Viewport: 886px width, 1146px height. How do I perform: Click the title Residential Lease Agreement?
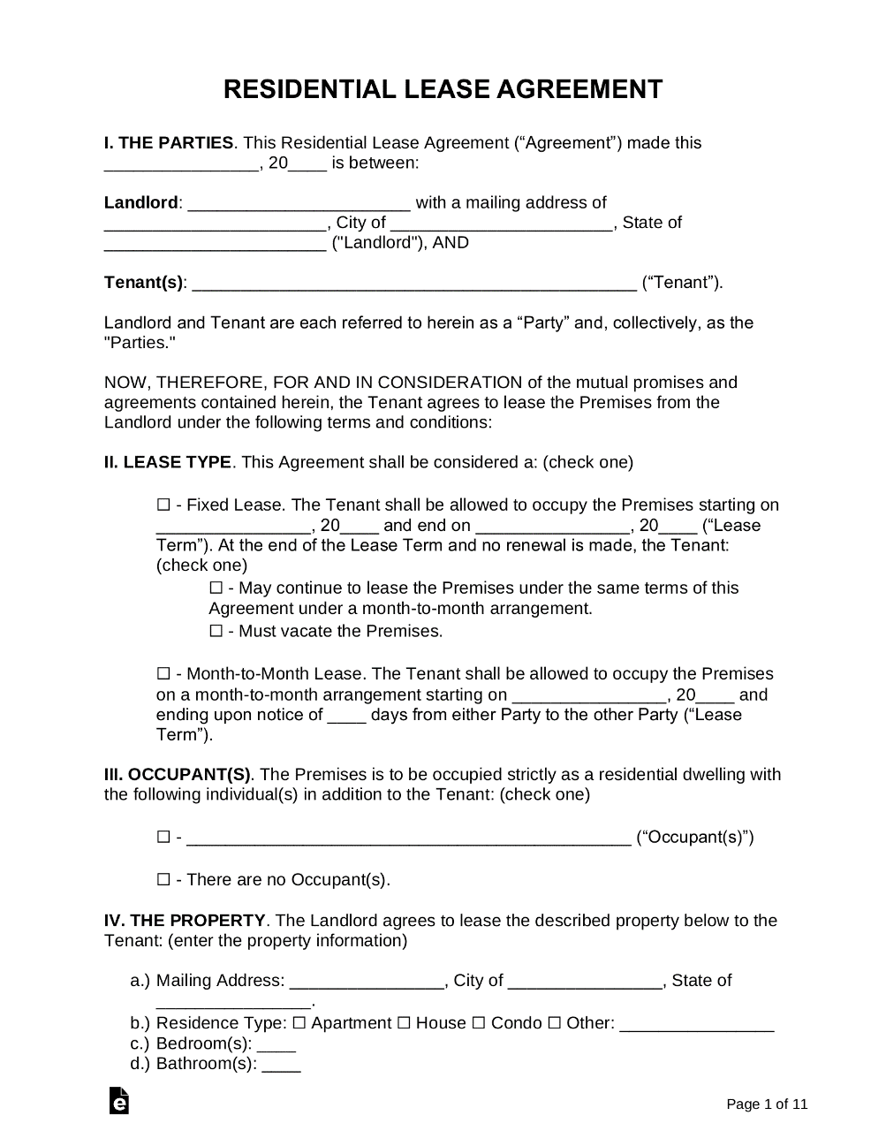[x=443, y=89]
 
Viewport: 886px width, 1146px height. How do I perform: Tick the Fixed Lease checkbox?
[x=163, y=505]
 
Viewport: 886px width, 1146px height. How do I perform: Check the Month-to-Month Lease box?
[x=163, y=674]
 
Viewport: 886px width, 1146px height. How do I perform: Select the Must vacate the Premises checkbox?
[x=216, y=632]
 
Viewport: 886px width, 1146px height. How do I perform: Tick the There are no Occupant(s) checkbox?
[x=163, y=880]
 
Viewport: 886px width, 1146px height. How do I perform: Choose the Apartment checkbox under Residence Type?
[x=299, y=1023]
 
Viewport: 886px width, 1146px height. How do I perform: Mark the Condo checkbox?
[x=478, y=1023]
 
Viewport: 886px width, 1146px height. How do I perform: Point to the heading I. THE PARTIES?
[x=169, y=143]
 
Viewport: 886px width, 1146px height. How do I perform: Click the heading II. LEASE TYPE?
[x=168, y=462]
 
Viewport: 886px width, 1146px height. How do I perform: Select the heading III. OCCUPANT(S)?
[x=178, y=775]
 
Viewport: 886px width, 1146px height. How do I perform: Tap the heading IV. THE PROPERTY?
[x=185, y=921]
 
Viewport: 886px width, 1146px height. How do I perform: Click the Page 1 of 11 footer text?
[x=767, y=1104]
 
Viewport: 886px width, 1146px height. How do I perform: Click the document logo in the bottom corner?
[x=119, y=1101]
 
